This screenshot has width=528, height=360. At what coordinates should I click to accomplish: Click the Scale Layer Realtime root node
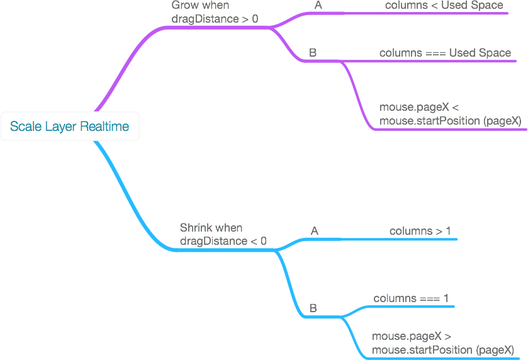click(x=69, y=127)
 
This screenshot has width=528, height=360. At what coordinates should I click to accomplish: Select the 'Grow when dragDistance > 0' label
click(x=214, y=12)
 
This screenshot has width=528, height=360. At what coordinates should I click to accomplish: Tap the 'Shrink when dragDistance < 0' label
click(x=223, y=234)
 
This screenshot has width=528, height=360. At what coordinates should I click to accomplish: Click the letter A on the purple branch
click(x=318, y=6)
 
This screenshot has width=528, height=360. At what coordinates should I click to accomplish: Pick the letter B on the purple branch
click(x=313, y=53)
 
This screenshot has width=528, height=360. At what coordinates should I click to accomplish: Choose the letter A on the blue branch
click(x=315, y=231)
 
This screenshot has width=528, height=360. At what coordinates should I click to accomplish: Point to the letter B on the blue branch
click(x=313, y=308)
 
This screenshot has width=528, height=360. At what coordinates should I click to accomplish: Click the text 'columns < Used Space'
click(x=444, y=6)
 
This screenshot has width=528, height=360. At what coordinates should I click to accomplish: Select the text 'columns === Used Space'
click(x=445, y=53)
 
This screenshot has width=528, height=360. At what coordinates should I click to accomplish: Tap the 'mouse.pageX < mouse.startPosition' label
click(x=449, y=114)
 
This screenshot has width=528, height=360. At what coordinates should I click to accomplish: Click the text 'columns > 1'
click(x=420, y=231)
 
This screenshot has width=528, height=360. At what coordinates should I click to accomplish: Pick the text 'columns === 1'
click(x=411, y=298)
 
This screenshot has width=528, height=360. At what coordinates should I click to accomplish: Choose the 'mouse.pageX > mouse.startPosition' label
click(x=442, y=343)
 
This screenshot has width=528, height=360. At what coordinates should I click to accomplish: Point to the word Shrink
click(x=196, y=227)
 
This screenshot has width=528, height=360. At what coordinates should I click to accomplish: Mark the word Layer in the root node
click(x=62, y=127)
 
